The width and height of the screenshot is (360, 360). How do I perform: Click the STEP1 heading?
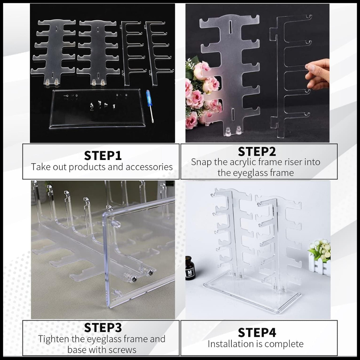[103, 156]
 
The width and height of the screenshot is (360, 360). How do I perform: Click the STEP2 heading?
[257, 152]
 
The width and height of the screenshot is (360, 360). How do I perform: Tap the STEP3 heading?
[103, 328]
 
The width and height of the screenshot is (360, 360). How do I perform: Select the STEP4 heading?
[257, 333]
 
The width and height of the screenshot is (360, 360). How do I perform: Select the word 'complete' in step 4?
[284, 344]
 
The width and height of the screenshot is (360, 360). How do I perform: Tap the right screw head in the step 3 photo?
[151, 273]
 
